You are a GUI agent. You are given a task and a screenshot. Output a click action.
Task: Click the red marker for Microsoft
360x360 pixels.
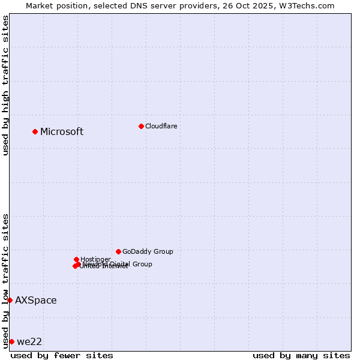(x=35, y=131)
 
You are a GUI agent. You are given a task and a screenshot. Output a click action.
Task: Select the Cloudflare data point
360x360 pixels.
(x=141, y=126)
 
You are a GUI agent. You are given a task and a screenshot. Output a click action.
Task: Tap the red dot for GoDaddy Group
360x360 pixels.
(x=118, y=251)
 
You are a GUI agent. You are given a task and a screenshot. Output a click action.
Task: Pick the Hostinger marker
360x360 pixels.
(x=76, y=259)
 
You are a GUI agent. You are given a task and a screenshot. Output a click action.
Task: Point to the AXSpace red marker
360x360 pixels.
(x=10, y=300)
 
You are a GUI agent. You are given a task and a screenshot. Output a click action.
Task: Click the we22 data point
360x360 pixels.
(x=11, y=341)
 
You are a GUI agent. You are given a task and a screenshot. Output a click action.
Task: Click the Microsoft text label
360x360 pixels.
(x=62, y=132)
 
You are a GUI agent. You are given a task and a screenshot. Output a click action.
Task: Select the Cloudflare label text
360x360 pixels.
(x=161, y=126)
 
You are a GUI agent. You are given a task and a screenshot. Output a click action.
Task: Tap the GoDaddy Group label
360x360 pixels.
(x=148, y=251)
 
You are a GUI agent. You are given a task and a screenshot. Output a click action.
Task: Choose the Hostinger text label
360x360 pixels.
(x=95, y=259)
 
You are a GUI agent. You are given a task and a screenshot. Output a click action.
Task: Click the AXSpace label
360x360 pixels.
(x=36, y=301)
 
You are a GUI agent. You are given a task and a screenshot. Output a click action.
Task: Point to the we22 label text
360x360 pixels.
(x=29, y=342)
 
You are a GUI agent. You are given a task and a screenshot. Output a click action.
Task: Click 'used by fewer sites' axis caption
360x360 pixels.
(x=62, y=355)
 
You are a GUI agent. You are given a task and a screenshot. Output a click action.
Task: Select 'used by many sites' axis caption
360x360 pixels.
(x=301, y=355)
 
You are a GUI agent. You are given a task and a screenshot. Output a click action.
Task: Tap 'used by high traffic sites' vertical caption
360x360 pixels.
(x=5, y=85)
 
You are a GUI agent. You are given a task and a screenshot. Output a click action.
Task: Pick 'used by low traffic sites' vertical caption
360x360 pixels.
(x=5, y=280)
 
